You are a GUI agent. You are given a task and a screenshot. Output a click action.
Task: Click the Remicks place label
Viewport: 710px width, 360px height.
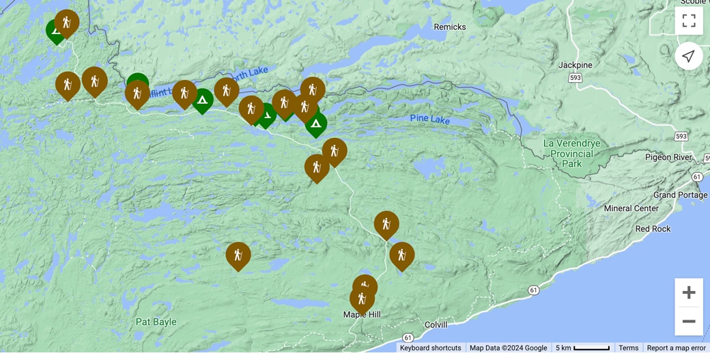[450, 27]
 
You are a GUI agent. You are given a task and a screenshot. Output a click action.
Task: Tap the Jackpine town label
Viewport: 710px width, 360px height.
[575, 65]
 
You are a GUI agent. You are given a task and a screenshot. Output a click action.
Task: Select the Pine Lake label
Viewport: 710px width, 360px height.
[430, 120]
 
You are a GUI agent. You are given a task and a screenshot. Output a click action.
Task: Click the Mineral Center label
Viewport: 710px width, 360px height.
[631, 208]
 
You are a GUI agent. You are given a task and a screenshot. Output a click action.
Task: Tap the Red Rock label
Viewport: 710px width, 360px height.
[653, 229]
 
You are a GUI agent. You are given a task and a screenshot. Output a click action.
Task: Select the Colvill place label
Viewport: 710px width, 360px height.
[436, 325]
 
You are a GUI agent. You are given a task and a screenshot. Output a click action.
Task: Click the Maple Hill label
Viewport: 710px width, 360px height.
[362, 315]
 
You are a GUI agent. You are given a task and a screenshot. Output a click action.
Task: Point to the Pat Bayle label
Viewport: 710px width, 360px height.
[156, 322]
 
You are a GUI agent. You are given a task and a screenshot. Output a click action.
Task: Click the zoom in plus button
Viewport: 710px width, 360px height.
[689, 292]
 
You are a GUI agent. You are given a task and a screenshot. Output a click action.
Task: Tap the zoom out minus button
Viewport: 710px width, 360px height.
[689, 321]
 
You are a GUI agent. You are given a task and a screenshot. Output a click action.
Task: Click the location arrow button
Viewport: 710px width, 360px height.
[689, 56]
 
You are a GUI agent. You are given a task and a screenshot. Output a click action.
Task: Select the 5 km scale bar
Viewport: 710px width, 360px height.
[582, 348]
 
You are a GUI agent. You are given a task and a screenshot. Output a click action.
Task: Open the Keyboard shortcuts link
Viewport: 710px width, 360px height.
[430, 348]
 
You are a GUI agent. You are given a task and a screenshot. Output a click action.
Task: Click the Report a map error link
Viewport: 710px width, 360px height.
[676, 348]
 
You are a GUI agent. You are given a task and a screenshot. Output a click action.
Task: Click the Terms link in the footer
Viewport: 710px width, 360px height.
[628, 348]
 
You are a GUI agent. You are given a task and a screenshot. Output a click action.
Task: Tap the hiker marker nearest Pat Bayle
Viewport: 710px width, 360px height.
[238, 255]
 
